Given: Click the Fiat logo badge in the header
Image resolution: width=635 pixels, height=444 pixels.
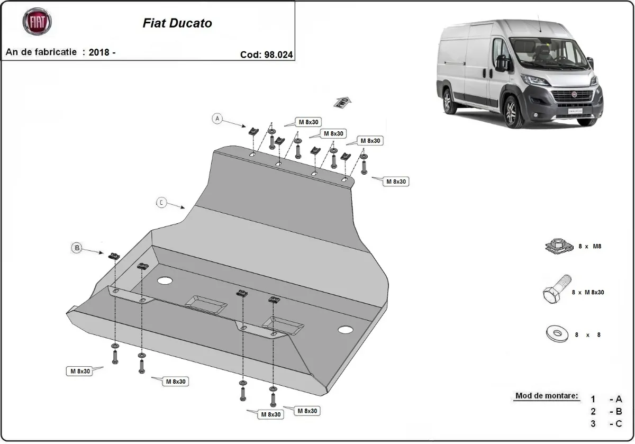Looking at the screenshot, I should pyautogui.click(x=37, y=22).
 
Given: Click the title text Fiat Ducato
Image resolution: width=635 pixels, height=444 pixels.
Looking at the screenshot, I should pyautogui.click(x=177, y=23).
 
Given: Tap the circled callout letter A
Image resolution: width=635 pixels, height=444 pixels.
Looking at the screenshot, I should pyautogui.click(x=217, y=119).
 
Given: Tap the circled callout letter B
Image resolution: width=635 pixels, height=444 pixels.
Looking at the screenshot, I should pyautogui.click(x=77, y=247).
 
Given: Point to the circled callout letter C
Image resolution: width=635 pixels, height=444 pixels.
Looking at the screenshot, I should pyautogui.click(x=161, y=202).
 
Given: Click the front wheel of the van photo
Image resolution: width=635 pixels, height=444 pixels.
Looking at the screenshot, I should pyautogui.click(x=512, y=112).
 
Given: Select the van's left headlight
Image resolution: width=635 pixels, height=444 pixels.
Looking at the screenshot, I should pyautogui.click(x=535, y=80).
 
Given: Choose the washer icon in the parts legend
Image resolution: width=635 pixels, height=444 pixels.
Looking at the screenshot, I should pyautogui.click(x=556, y=334).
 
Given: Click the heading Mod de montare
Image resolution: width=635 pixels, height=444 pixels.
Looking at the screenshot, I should pyautogui.click(x=547, y=396).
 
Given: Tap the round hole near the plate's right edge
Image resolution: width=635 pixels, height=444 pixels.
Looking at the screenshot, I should pyautogui.click(x=346, y=330).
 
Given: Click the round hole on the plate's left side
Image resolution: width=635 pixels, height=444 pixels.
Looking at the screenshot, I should pyautogui.click(x=165, y=280).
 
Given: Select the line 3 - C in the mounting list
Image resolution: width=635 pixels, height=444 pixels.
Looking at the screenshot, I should pyautogui.click(x=606, y=423).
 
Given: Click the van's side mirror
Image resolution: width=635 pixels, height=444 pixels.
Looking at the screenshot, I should pyautogui.click(x=502, y=63).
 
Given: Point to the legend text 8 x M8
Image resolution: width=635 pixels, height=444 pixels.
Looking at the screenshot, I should pyautogui.click(x=589, y=246).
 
